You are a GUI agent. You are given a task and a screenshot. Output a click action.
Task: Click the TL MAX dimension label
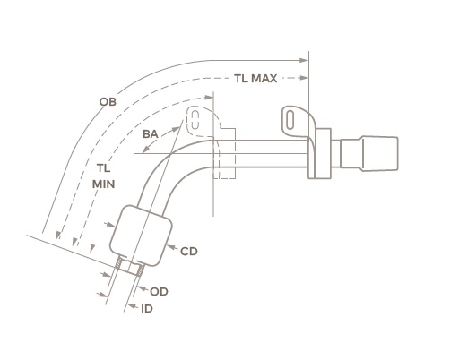(x=255, y=79)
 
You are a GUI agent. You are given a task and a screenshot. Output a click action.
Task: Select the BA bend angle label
(x=152, y=133)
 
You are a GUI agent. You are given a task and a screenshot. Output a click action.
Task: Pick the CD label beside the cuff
(x=188, y=252)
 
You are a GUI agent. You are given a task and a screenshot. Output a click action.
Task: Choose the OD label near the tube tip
(x=158, y=291)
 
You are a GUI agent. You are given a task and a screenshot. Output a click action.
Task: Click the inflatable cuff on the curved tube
(x=139, y=235)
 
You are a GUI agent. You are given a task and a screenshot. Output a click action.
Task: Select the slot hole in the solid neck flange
(x=292, y=117)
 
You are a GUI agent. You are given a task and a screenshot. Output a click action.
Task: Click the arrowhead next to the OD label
(x=142, y=288)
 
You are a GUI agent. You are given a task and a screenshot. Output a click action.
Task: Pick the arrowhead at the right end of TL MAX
(x=304, y=79)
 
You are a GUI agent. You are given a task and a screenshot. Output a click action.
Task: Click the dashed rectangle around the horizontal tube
(x=224, y=152)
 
